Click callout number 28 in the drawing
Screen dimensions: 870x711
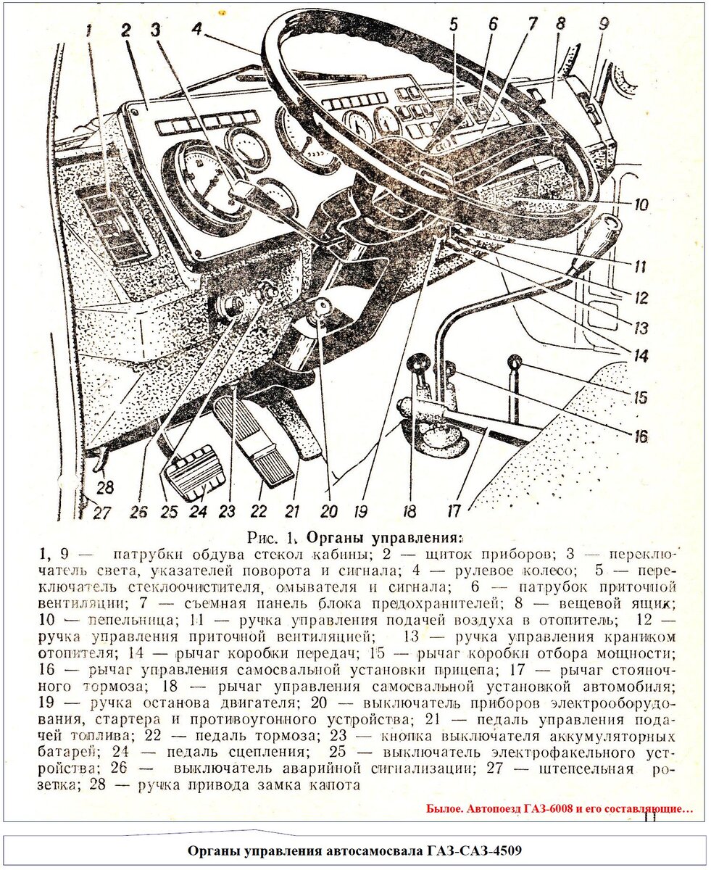click(x=107, y=487)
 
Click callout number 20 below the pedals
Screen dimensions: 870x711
click(x=328, y=511)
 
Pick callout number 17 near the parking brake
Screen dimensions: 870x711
click(x=454, y=511)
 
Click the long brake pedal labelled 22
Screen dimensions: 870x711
click(x=262, y=443)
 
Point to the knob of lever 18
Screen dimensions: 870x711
click(x=418, y=363)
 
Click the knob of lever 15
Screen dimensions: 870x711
click(x=515, y=362)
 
